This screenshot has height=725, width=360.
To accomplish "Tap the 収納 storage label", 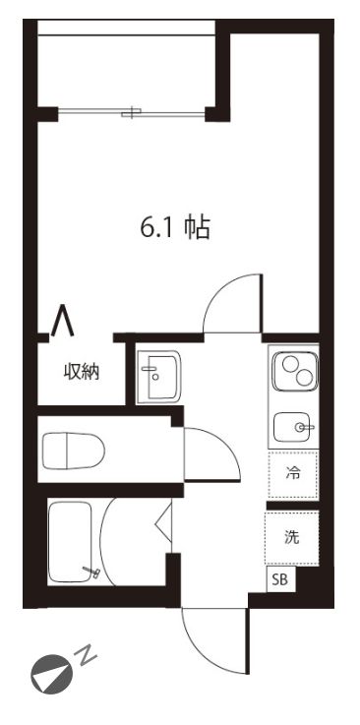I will click(x=82, y=372).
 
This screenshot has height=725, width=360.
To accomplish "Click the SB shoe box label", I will click(x=280, y=579).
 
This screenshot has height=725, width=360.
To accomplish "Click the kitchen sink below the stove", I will click(x=292, y=427).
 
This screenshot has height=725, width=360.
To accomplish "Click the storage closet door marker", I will click(x=62, y=322).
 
